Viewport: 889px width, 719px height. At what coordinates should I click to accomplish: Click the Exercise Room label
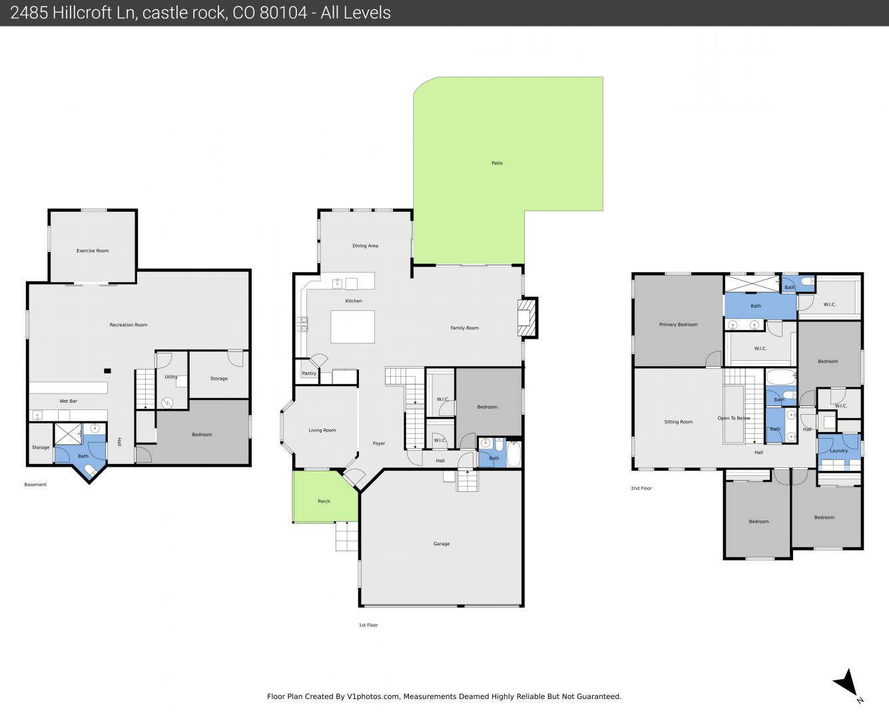tap(93, 251)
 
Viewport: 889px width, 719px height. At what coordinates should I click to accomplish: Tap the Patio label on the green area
tap(497, 163)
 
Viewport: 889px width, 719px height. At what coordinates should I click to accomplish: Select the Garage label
tap(441, 544)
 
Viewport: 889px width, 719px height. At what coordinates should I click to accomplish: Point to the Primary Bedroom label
tap(678, 325)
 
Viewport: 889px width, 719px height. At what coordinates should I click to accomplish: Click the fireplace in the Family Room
tap(527, 318)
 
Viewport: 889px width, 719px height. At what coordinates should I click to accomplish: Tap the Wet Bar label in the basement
tap(68, 401)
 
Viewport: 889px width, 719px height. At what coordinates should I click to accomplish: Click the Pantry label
tap(309, 373)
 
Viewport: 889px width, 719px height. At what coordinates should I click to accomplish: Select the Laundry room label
tap(838, 451)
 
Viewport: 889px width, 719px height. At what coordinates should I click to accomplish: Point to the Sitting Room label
tap(678, 422)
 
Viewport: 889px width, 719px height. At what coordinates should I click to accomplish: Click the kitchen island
tap(352, 327)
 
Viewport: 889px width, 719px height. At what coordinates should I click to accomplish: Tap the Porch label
tap(324, 501)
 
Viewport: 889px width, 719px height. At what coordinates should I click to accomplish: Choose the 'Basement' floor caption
tap(35, 485)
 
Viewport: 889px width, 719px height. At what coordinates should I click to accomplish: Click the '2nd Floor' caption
tap(641, 488)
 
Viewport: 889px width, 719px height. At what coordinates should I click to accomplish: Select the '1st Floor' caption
tap(368, 625)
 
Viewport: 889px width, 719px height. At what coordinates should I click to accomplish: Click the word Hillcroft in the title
tap(95, 13)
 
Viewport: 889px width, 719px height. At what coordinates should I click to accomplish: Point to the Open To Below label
tap(734, 418)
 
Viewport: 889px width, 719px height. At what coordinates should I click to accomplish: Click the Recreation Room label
tap(128, 325)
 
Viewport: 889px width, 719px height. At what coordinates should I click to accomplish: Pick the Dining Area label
tap(365, 246)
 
